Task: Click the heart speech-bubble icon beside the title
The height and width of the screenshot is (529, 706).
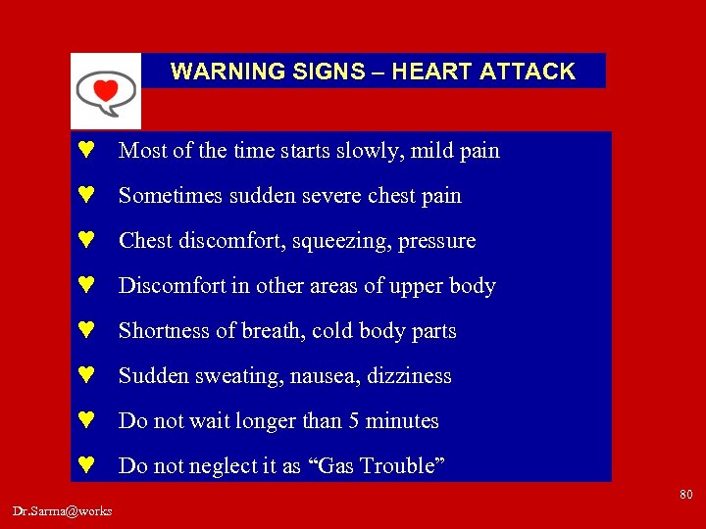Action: click(x=105, y=91)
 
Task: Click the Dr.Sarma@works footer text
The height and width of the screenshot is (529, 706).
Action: click(x=63, y=510)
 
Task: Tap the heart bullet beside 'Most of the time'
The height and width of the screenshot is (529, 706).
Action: click(x=85, y=151)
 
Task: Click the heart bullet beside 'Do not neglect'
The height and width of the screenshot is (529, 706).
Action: click(x=85, y=466)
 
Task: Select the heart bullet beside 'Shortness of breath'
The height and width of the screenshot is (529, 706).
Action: click(x=85, y=331)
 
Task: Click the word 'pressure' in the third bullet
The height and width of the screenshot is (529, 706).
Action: click(x=437, y=241)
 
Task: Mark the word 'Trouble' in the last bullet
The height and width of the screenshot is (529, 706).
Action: click(x=404, y=466)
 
